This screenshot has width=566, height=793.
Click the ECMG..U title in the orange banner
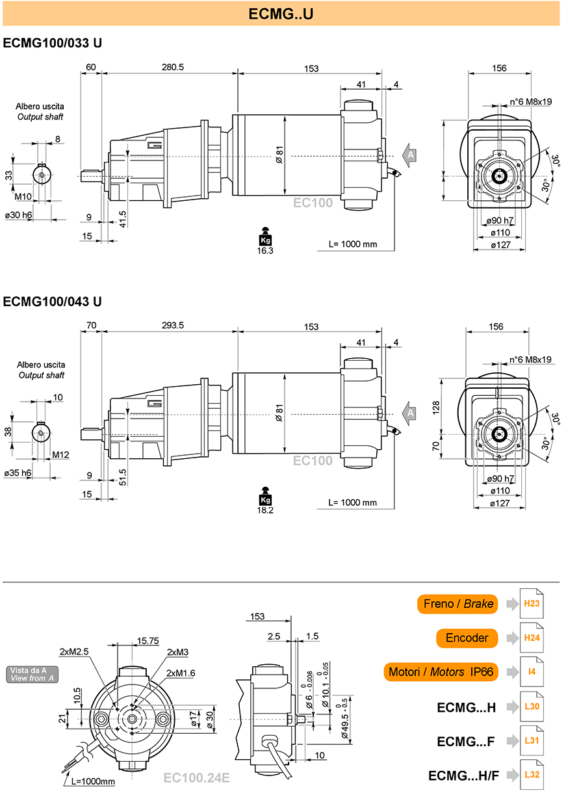[281, 14]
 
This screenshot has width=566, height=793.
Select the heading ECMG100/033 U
[53, 43]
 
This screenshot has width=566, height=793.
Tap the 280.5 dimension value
[173, 67]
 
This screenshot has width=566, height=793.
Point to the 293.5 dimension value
[173, 325]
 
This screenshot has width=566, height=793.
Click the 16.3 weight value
[265, 251]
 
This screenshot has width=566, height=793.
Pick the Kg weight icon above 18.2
[265, 496]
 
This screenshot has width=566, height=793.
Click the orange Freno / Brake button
[457, 604]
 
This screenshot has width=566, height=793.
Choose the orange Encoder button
[467, 638]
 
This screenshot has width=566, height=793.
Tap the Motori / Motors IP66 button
[441, 671]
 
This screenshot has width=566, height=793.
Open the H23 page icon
[532, 604]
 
